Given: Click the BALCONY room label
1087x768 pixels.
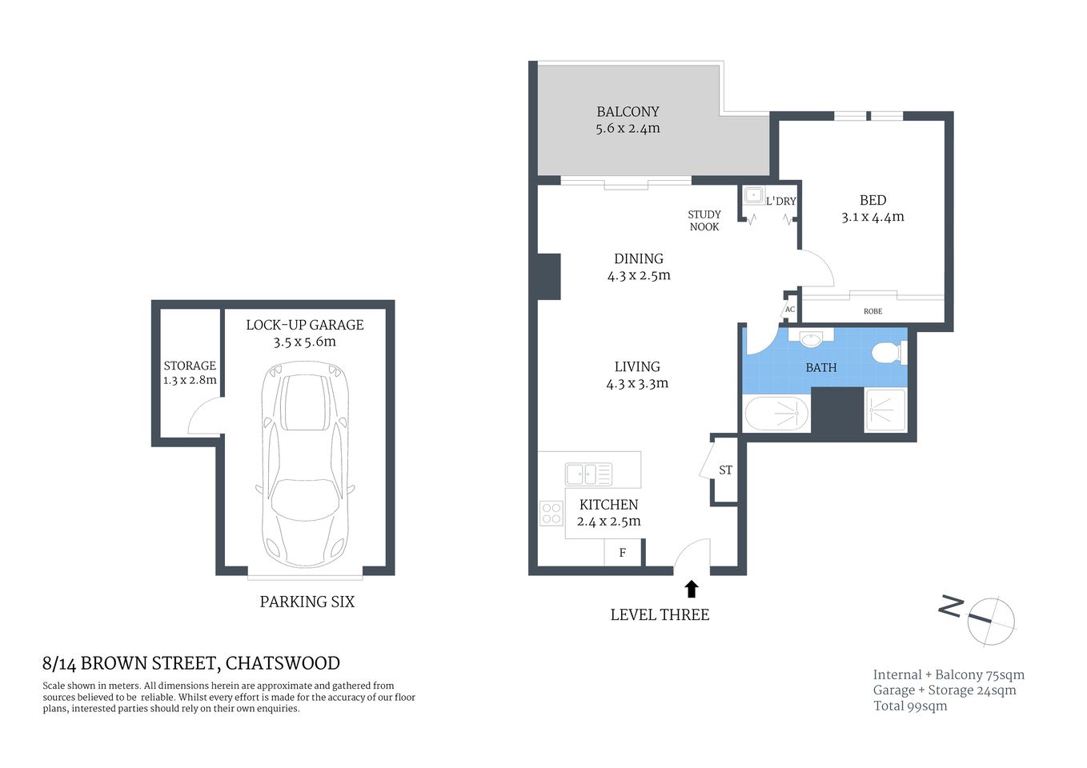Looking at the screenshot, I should click(x=628, y=112).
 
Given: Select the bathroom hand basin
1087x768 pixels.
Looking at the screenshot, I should click(x=811, y=338).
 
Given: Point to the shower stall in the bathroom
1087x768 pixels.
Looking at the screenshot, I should click(x=885, y=410).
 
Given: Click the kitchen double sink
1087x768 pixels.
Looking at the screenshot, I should click(x=588, y=474).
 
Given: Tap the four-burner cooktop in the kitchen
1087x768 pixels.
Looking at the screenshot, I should click(x=551, y=513).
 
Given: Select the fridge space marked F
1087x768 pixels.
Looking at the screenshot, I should click(x=622, y=553).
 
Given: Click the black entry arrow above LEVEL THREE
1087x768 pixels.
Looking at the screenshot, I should click(x=692, y=590).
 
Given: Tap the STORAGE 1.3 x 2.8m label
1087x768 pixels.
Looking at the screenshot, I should click(x=190, y=373).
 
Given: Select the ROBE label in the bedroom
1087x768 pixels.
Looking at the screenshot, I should click(x=872, y=311).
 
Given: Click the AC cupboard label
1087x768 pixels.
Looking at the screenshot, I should click(x=790, y=310).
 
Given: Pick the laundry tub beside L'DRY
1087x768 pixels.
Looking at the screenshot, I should click(x=752, y=195).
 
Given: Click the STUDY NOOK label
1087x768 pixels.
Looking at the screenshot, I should click(x=704, y=221).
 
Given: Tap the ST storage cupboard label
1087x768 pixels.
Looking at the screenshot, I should click(x=725, y=470).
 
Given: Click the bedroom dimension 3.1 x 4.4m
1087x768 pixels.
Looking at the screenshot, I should click(x=872, y=218).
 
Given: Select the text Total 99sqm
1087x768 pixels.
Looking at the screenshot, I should click(x=910, y=706).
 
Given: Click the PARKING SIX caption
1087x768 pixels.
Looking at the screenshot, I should click(x=307, y=602).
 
